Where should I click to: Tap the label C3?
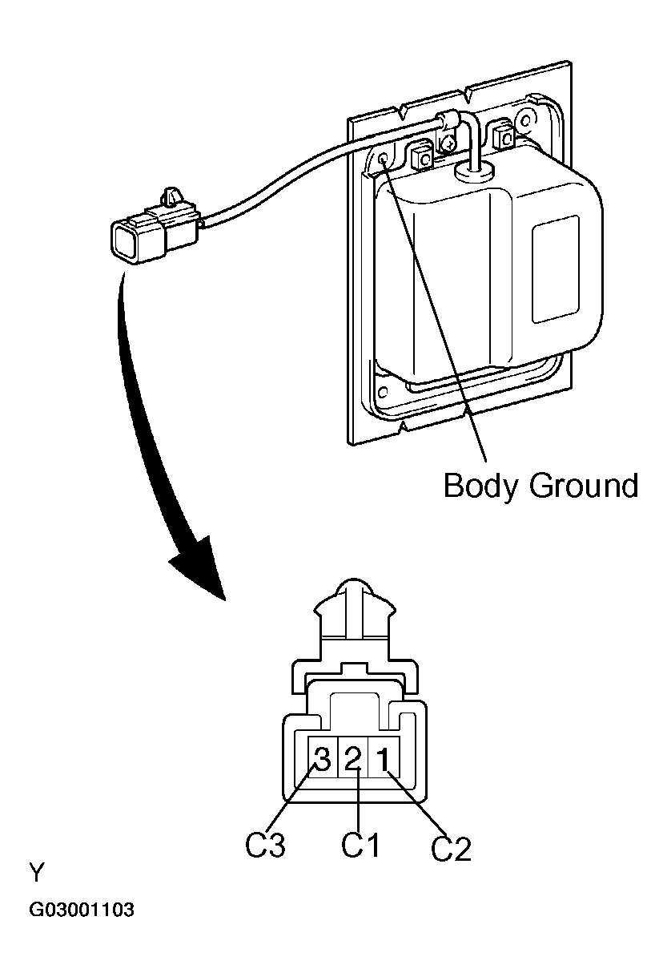tap(265, 846)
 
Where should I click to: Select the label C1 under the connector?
tap(360, 846)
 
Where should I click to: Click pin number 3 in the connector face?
tap(323, 758)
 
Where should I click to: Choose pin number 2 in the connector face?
tap(352, 758)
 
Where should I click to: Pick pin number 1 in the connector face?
tap(384, 758)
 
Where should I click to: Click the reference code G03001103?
tap(82, 911)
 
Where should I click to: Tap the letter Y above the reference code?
tap(36, 872)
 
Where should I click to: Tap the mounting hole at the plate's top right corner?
tap(524, 121)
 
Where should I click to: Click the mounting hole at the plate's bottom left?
tap(382, 392)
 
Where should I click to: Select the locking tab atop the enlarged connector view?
tap(353, 610)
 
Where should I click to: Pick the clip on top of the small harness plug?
tap(171, 195)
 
